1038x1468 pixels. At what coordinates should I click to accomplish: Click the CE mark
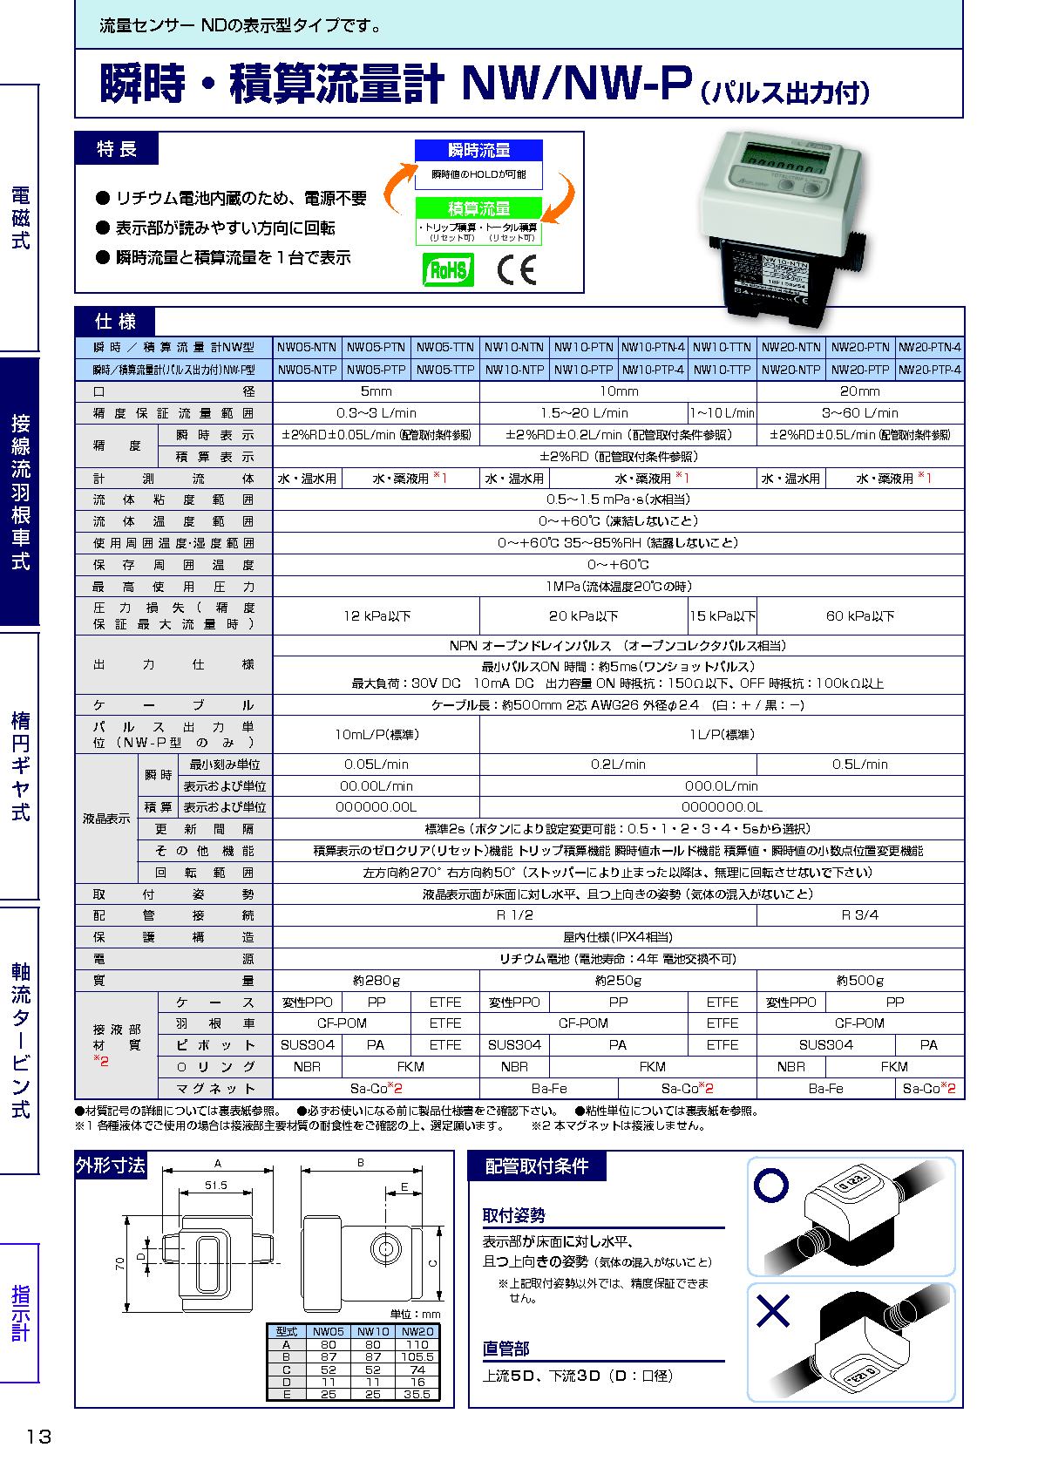click(517, 270)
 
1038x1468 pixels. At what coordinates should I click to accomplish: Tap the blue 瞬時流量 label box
click(478, 151)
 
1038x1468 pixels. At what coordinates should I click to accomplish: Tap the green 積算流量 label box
click(478, 209)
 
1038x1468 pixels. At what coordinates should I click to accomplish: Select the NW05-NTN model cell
click(307, 347)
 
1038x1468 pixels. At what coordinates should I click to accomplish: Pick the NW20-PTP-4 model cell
click(929, 370)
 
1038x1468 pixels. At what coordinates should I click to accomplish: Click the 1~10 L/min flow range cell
click(722, 413)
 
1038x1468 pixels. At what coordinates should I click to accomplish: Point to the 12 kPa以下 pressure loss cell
click(376, 616)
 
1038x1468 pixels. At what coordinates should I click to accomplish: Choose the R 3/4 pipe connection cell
click(859, 915)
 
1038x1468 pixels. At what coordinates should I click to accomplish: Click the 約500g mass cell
click(859, 981)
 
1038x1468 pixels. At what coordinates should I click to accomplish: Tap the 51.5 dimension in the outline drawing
click(215, 1186)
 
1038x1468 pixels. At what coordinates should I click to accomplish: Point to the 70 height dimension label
click(122, 1263)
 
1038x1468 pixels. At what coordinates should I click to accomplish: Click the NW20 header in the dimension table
click(417, 1332)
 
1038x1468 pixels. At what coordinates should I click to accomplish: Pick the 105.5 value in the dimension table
click(417, 1357)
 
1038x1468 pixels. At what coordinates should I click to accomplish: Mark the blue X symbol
click(772, 1310)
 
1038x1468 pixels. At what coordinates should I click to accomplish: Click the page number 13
click(39, 1437)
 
